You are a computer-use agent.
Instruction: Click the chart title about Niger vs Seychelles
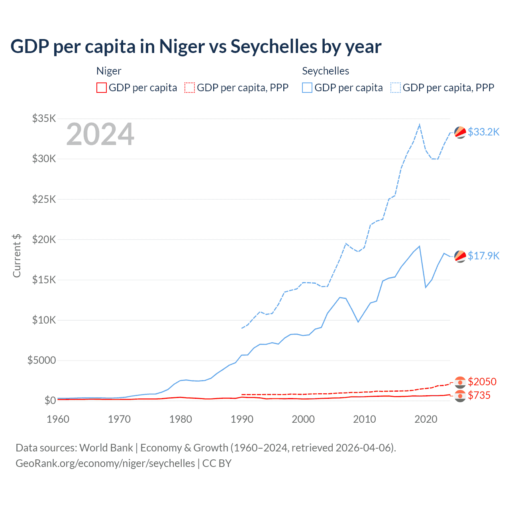tap(196, 46)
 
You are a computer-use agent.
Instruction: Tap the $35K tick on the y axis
tap(44, 118)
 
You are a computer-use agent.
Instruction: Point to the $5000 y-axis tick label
tap(41, 360)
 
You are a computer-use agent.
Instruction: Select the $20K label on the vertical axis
tap(44, 239)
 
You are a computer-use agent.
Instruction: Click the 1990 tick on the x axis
tap(242, 419)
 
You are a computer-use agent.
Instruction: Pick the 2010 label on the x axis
tap(365, 419)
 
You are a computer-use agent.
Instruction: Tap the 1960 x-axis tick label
tap(58, 419)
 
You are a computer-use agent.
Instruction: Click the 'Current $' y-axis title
tap(17, 255)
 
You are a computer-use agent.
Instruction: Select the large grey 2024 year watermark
tap(100, 134)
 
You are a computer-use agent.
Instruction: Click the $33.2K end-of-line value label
tap(483, 132)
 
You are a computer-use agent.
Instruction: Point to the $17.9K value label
tap(483, 256)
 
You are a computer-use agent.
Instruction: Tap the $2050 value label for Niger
tap(482, 382)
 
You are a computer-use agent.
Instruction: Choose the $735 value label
tap(479, 395)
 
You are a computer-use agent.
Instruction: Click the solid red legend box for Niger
tap(102, 88)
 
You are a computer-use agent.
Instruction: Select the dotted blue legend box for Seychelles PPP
tap(396, 88)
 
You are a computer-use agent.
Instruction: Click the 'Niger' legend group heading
tap(109, 71)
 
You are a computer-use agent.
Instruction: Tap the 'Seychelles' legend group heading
tap(326, 71)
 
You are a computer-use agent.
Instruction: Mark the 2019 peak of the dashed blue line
tap(420, 125)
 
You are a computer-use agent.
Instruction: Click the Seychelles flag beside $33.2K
tap(460, 132)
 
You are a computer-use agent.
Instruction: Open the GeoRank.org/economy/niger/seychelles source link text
tap(105, 463)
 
